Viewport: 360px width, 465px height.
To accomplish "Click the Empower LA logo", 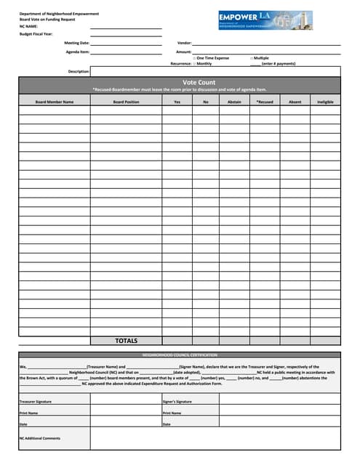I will point(265,20).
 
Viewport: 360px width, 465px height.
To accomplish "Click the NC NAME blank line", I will point(126,27).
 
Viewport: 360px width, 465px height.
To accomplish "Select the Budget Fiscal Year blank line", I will point(126,34).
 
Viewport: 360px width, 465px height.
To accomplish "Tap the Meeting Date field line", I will point(126,44).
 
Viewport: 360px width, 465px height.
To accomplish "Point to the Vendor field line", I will point(265,44).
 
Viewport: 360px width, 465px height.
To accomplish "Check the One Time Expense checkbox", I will point(194,57).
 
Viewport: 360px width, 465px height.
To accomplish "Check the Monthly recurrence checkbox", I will point(194,63).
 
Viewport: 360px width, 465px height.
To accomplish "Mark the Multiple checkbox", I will point(251,57).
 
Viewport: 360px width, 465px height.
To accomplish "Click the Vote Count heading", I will point(199,83).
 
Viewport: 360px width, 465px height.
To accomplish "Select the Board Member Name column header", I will point(55,102).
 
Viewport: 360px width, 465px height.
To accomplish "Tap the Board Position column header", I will point(127,102).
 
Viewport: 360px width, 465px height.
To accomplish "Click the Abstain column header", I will point(234,102).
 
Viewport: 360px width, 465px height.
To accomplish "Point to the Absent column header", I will point(295,102).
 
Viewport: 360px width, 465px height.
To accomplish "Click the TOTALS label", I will point(126,340).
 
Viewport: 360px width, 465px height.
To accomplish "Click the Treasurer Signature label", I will point(36,401).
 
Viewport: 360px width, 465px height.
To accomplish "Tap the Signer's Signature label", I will point(177,401).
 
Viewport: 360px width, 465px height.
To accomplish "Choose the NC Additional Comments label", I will point(40,438).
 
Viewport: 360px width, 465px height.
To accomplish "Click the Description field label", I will point(79,71).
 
